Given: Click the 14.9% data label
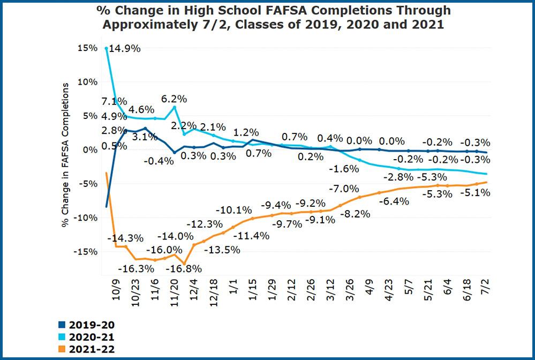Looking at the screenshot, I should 125,49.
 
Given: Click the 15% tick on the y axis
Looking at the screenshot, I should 87,48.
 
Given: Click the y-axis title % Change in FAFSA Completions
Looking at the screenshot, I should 66,155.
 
